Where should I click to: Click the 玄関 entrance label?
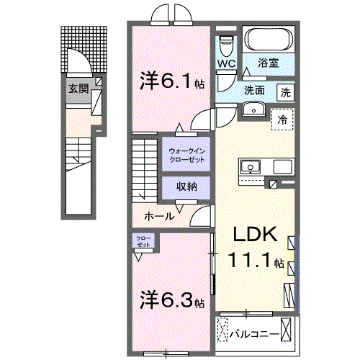tap(78, 89)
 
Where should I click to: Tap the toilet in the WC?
tap(227, 45)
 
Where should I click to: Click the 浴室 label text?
tap(270, 63)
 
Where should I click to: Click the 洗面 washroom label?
tap(253, 91)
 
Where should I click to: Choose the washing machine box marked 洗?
tap(286, 92)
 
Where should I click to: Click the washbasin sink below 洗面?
tap(253, 109)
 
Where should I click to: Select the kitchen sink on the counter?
tap(252, 166)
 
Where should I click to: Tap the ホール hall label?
tap(158, 216)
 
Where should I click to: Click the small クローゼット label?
tap(142, 241)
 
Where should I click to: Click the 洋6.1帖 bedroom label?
tap(171, 82)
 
